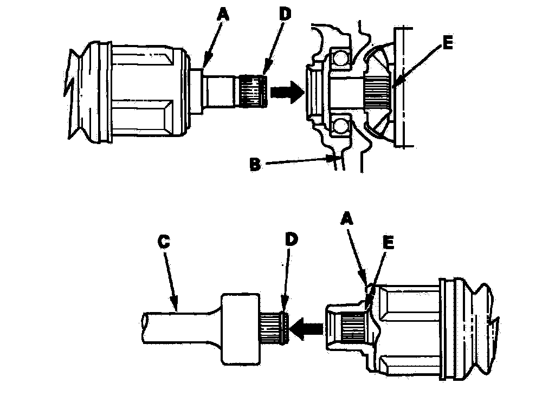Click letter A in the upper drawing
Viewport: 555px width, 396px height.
pyautogui.click(x=222, y=17)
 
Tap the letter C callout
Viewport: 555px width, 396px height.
pyautogui.click(x=164, y=242)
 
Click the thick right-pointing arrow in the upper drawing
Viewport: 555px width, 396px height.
pyautogui.click(x=286, y=93)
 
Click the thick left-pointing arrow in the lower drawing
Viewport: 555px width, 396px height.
pyautogui.click(x=307, y=326)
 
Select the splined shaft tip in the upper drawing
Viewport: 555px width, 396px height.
pyautogui.click(x=253, y=90)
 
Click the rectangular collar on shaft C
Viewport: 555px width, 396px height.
pyautogui.click(x=239, y=328)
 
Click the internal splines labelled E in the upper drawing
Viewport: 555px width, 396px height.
pyautogui.click(x=378, y=92)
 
